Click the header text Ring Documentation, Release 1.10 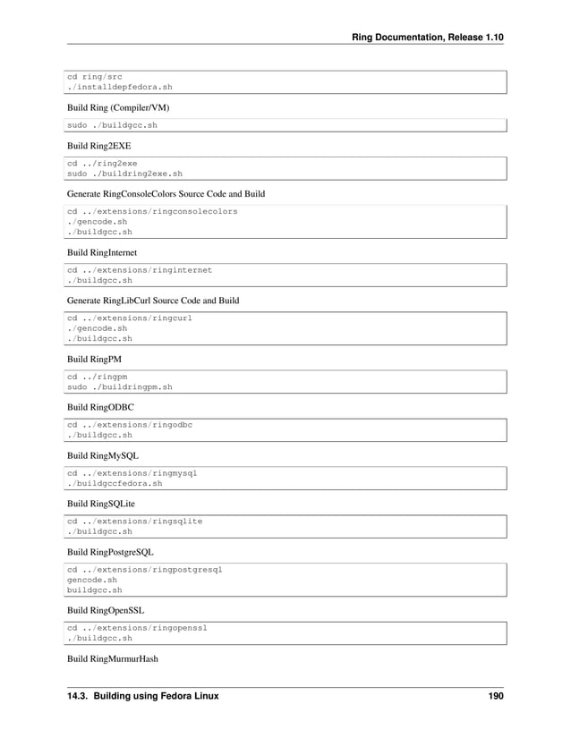click(428, 37)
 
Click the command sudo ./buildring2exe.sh click(125, 174)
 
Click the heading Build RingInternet click(102, 252)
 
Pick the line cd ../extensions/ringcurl click(131, 318)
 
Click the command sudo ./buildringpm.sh click(120, 387)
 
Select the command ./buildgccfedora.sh click(115, 483)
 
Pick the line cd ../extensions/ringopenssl click(139, 629)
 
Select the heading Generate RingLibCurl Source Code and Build click(153, 300)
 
